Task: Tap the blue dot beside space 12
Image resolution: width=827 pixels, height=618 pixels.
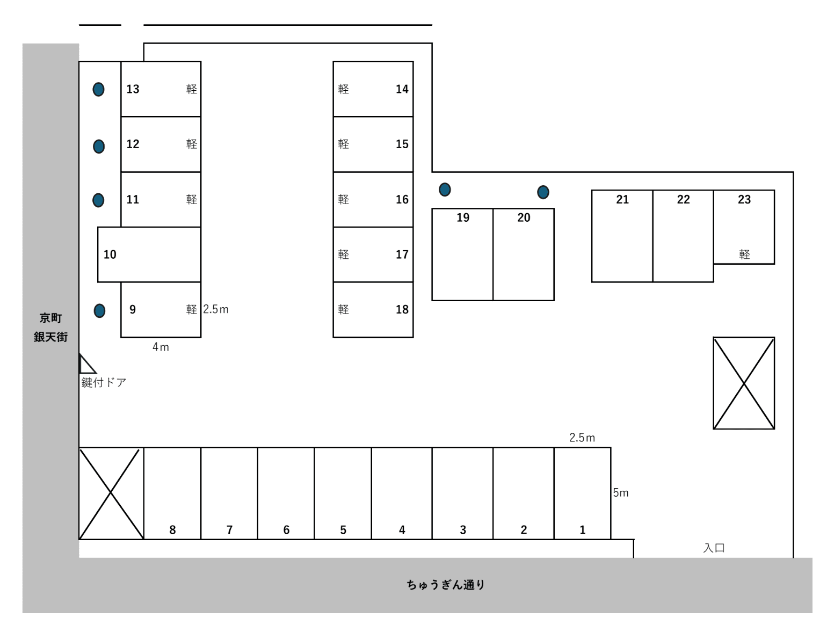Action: (x=99, y=146)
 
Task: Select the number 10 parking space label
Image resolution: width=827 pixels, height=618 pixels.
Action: (x=110, y=255)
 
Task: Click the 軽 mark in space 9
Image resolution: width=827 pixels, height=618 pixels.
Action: (x=191, y=310)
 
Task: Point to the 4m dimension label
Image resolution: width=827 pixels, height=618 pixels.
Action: (x=161, y=347)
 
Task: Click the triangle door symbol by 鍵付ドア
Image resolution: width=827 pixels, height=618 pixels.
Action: (x=87, y=364)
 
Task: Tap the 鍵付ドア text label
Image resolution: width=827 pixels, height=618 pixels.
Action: (x=104, y=383)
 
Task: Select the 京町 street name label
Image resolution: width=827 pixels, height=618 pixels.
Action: (x=50, y=318)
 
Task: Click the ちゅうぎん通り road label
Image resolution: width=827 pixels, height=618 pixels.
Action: (x=446, y=585)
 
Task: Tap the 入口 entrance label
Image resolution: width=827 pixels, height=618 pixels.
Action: (x=714, y=548)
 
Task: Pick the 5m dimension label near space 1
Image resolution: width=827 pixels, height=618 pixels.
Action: (x=621, y=492)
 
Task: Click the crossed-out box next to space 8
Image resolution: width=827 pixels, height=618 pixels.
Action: (x=111, y=493)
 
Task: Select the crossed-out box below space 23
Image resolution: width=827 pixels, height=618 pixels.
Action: (x=744, y=383)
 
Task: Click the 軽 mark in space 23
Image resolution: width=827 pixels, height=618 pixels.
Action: (x=744, y=255)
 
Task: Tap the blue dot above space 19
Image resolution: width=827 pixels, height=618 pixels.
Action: (x=445, y=190)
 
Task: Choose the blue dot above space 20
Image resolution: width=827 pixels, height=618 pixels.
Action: (x=543, y=192)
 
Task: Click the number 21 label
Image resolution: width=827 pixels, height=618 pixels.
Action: (x=622, y=200)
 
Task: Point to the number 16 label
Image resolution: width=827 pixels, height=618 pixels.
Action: (x=402, y=200)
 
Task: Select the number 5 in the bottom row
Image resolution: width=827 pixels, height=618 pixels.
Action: (x=343, y=530)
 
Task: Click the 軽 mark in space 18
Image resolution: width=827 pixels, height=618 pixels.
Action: (x=344, y=310)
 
